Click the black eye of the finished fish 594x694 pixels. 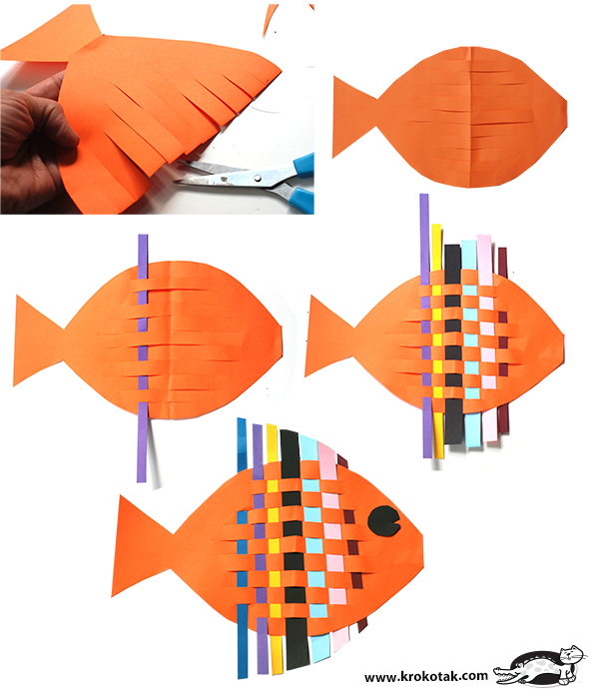coord(383,519)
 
